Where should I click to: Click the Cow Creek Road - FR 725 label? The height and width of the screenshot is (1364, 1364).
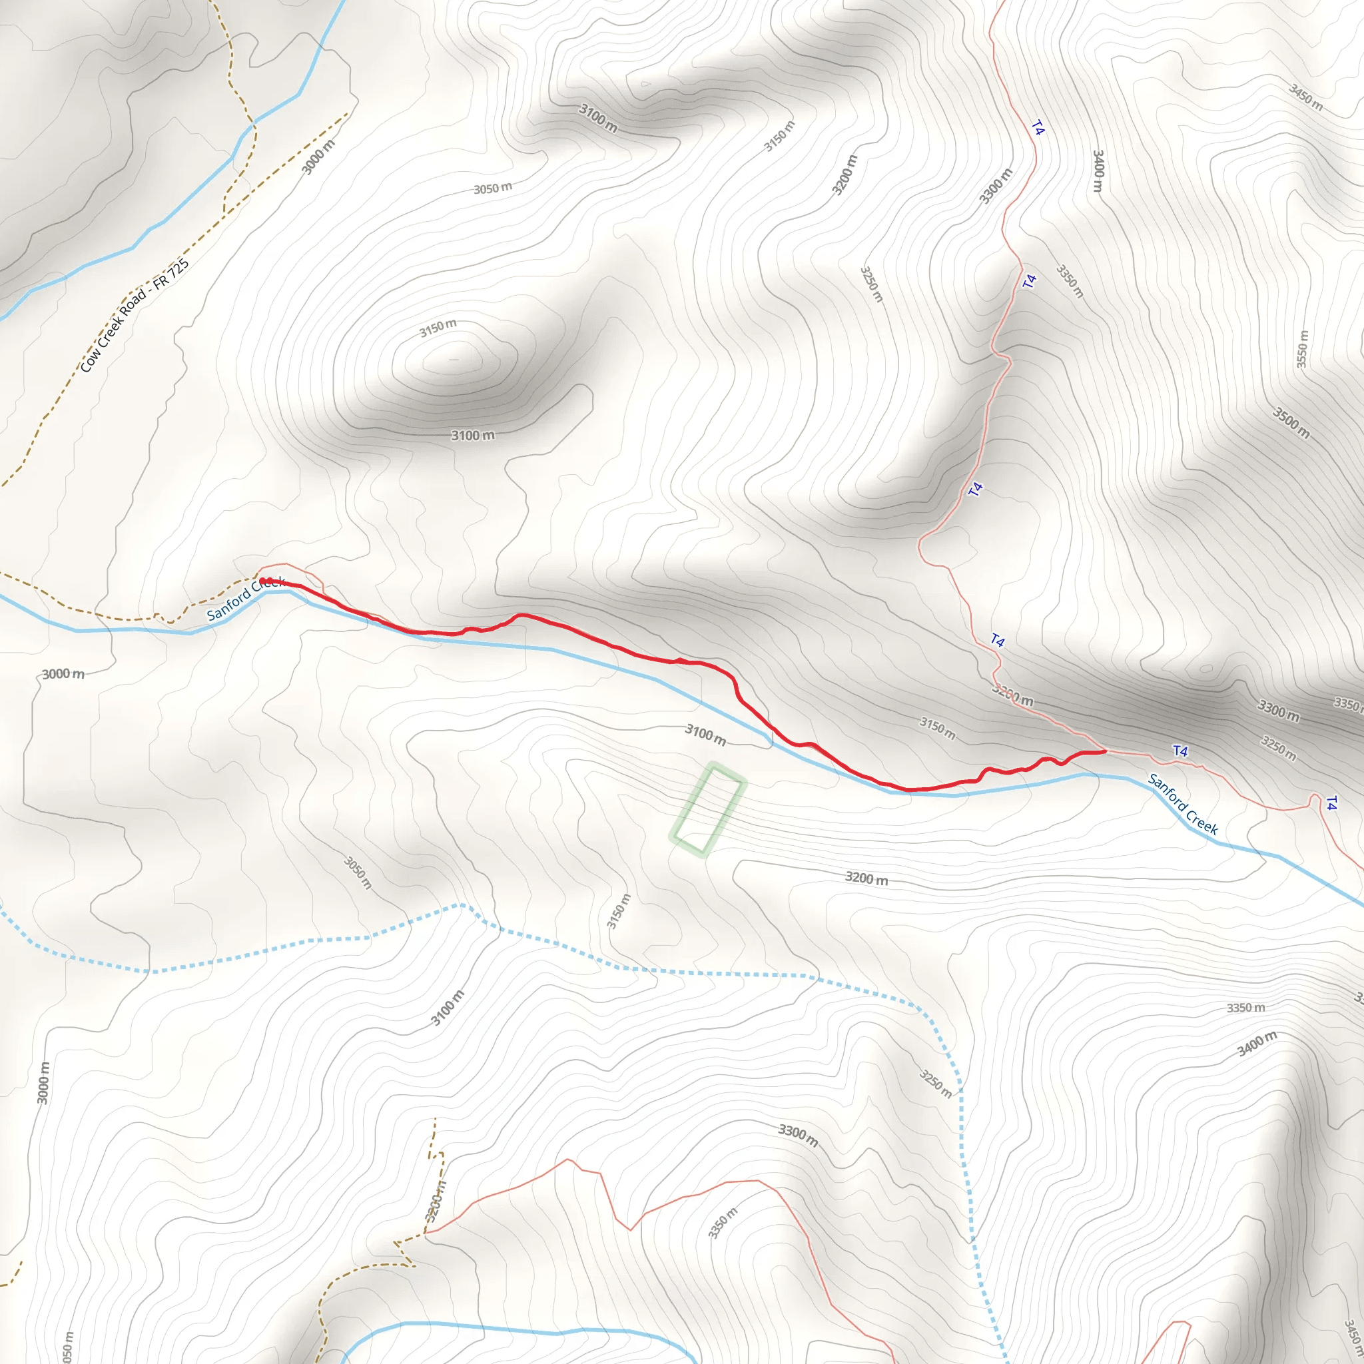[x=134, y=316]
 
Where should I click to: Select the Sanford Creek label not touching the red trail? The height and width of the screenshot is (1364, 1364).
[x=1184, y=804]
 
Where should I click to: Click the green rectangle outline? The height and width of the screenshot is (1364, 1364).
[x=707, y=810]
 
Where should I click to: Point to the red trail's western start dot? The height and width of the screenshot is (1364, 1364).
[x=263, y=581]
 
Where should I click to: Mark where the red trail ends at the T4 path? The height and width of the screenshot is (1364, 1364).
[x=1104, y=751]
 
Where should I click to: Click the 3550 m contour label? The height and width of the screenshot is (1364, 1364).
[x=1303, y=349]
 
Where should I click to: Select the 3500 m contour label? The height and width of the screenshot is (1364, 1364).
[x=1291, y=422]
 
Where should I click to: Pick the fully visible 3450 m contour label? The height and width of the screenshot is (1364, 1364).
[x=1305, y=97]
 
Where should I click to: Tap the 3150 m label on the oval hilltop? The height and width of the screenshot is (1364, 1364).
[x=438, y=328]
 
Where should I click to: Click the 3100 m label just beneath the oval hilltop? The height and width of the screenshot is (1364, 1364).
[x=472, y=436]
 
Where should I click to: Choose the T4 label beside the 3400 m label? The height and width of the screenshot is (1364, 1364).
[x=1037, y=128]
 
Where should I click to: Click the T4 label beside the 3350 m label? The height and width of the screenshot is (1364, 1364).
[x=1030, y=281]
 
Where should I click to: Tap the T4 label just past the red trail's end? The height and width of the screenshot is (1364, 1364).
[x=1180, y=751]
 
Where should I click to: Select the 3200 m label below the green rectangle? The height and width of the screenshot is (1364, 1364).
[x=866, y=879]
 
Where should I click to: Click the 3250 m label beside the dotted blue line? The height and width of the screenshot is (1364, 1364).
[x=936, y=1083]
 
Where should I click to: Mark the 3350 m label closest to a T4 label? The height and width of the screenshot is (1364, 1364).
[x=1070, y=281]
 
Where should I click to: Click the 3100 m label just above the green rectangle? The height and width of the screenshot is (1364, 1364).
[x=705, y=734]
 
